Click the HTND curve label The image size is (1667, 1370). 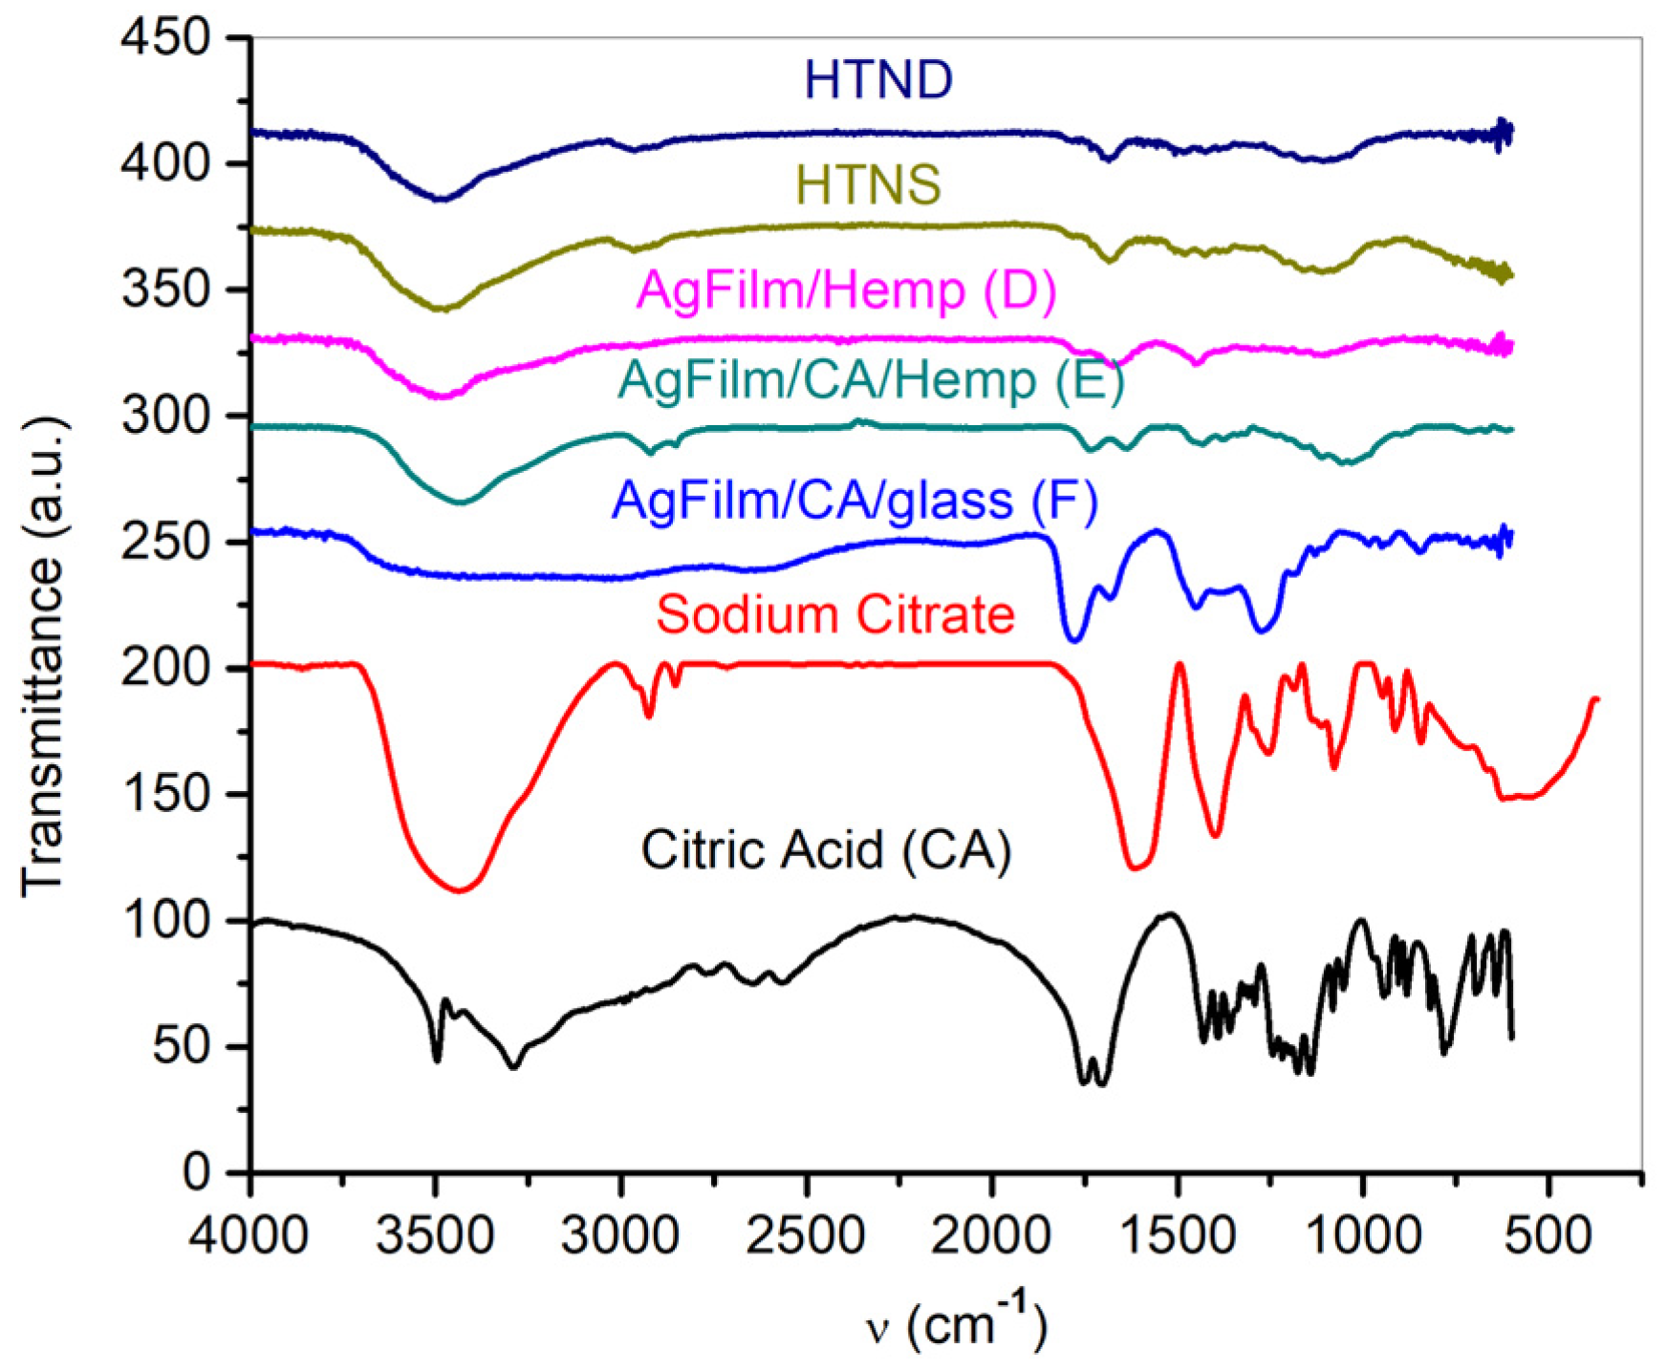(878, 79)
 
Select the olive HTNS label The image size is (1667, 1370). (868, 184)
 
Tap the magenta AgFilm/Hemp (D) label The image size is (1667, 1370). (846, 289)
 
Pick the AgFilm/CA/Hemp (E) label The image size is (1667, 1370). (871, 380)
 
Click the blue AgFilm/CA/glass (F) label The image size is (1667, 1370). (855, 501)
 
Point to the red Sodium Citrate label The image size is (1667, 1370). (834, 614)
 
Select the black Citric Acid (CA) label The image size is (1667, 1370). (826, 849)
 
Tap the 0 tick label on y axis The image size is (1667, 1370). (196, 1172)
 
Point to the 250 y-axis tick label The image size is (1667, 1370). (165, 543)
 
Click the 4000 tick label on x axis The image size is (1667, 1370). (249, 1235)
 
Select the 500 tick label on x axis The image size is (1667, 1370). (1548, 1235)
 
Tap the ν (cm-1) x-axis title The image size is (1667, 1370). (957, 1324)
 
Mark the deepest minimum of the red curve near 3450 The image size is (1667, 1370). (460, 891)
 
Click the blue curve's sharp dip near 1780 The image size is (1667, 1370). (1073, 640)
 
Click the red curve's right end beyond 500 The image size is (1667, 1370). (1595, 700)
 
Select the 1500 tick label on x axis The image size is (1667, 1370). (1177, 1235)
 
